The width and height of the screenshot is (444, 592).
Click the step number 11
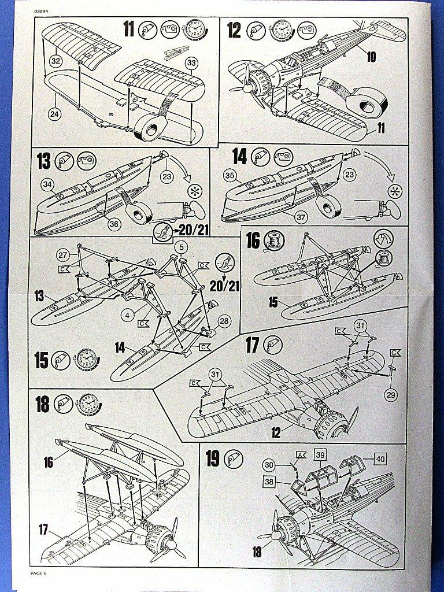click(x=129, y=29)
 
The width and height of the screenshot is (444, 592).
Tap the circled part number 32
click(x=55, y=60)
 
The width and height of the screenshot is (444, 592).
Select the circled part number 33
click(x=191, y=62)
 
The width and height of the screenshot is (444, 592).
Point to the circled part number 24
click(x=55, y=114)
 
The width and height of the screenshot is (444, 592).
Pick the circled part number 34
click(x=48, y=184)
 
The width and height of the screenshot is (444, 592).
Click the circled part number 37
click(x=301, y=217)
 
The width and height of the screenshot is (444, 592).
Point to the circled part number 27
click(x=62, y=255)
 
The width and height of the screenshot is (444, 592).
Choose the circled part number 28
click(x=224, y=321)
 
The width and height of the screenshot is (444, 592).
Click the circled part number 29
click(x=391, y=395)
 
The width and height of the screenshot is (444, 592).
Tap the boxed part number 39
click(x=320, y=455)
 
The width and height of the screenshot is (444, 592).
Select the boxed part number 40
click(x=380, y=458)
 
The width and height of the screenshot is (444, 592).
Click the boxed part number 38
click(x=269, y=482)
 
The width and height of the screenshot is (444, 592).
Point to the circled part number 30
click(x=269, y=465)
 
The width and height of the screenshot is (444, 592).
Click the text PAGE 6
click(x=38, y=573)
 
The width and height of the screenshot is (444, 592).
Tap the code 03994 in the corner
click(x=40, y=11)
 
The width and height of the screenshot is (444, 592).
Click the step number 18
click(x=42, y=404)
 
